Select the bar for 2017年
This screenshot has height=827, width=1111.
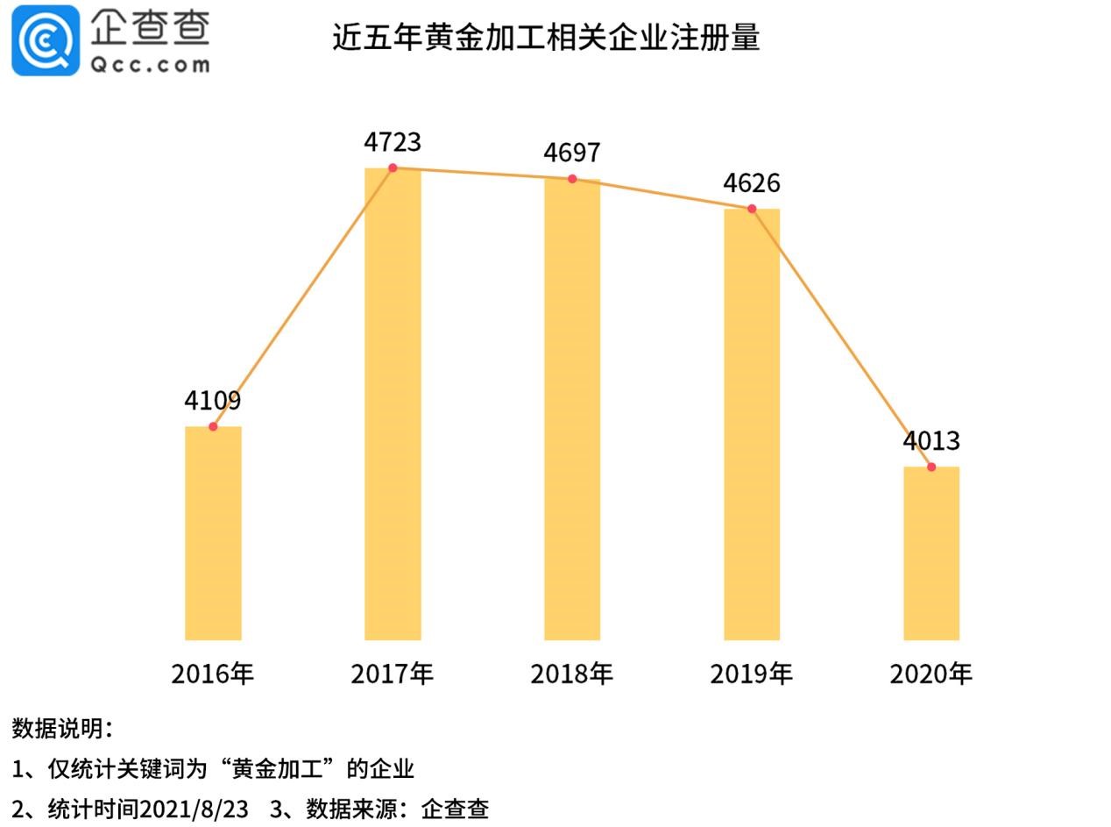pos(393,403)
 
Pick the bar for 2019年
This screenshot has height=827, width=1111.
pos(752,424)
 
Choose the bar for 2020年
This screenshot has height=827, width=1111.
pos(931,553)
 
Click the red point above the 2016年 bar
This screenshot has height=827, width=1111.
pos(213,426)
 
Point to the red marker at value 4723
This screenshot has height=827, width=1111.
pos(393,168)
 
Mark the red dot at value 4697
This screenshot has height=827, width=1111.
pos(572,179)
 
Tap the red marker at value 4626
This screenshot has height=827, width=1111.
pos(752,209)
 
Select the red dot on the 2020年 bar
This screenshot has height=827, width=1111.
pos(931,467)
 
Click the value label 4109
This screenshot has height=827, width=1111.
pos(212,401)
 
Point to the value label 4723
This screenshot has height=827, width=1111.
pos(393,142)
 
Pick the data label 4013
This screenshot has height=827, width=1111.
pos(931,440)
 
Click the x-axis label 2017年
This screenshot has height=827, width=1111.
pos(393,674)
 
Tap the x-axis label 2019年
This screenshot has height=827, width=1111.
pos(752,674)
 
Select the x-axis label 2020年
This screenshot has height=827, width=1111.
pos(931,674)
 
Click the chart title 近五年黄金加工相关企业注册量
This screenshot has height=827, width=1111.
pos(546,38)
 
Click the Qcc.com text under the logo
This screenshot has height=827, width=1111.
pos(150,64)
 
